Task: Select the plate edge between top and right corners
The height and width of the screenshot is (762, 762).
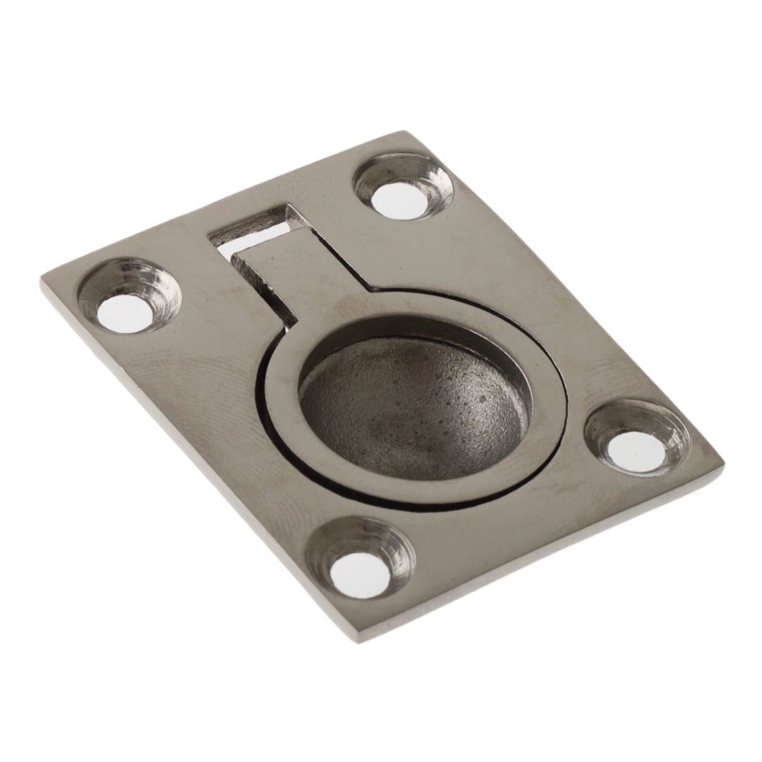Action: (x=564, y=296)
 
